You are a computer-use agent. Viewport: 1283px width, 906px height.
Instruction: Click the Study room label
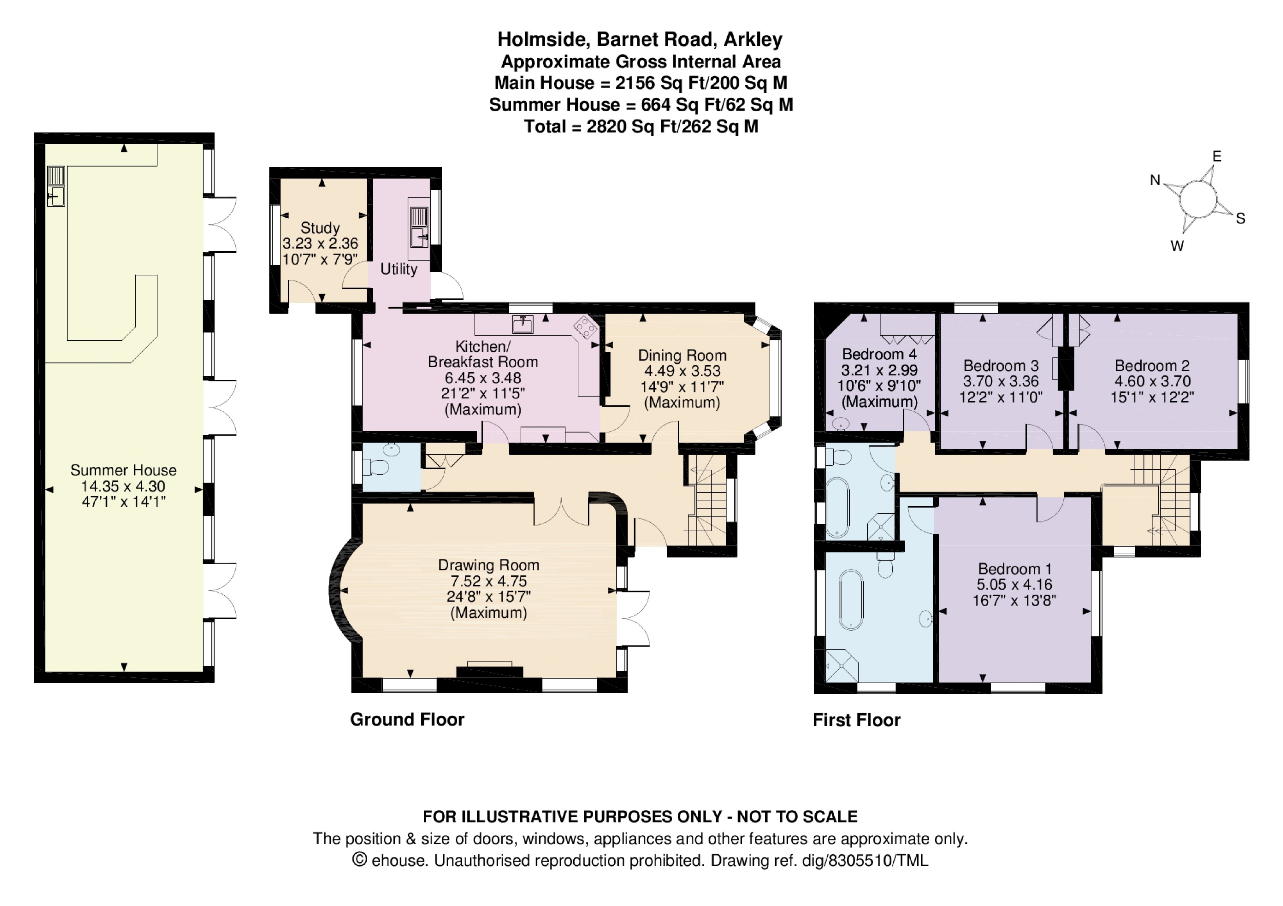click(x=320, y=228)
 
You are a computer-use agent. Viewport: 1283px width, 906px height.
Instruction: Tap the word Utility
click(x=399, y=269)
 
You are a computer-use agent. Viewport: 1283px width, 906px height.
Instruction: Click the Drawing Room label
click(x=489, y=565)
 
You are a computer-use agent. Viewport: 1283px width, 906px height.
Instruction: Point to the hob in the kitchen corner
click(x=585, y=327)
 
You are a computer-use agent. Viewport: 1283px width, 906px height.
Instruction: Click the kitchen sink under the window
click(x=523, y=323)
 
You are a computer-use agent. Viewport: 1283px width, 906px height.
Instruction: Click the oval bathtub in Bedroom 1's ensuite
click(x=852, y=600)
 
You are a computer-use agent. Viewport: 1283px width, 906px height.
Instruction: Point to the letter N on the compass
click(x=1155, y=180)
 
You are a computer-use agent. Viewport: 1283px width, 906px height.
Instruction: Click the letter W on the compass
click(x=1177, y=246)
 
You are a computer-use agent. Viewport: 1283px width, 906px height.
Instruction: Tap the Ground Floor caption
click(x=407, y=720)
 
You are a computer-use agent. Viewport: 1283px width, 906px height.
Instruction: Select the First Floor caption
click(x=857, y=720)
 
